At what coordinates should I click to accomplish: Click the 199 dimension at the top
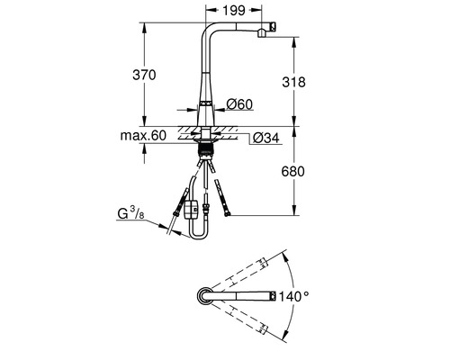(237, 12)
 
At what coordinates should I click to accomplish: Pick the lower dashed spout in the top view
(238, 318)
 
